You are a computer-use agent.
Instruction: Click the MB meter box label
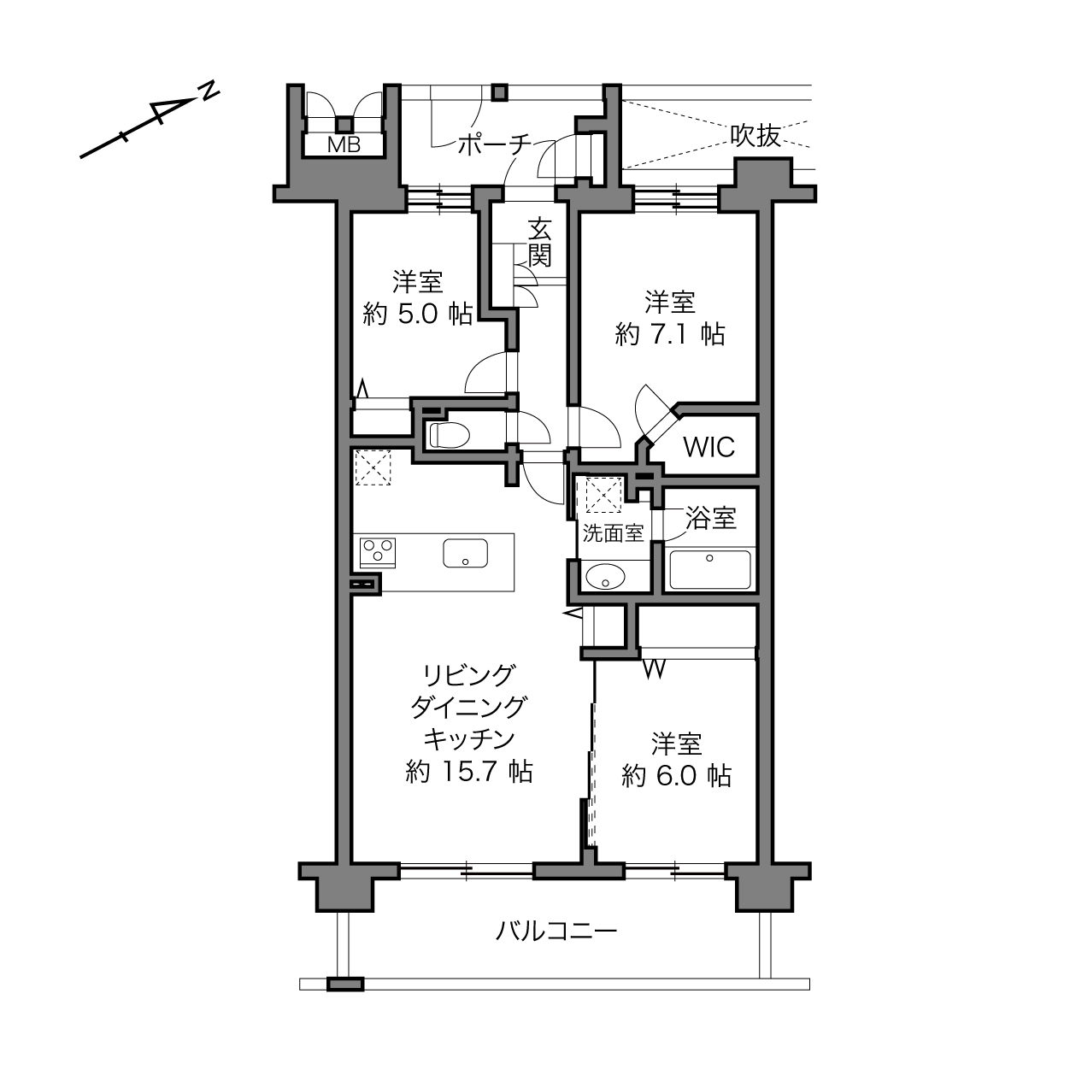344,145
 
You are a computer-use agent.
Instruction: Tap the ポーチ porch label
494,145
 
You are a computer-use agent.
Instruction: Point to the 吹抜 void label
755,135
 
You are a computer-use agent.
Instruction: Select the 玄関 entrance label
540,244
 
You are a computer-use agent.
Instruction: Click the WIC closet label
709,446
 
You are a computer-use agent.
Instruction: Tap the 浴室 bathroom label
711,518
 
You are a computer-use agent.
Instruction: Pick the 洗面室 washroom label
613,533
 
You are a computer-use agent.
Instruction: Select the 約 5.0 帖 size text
418,315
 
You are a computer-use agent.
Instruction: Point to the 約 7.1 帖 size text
670,334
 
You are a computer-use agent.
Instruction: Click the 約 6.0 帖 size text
676,776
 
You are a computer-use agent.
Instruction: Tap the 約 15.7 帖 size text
469,772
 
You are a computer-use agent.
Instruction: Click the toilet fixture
450,435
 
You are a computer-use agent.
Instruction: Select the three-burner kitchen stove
378,552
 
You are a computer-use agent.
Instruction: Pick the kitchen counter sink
465,553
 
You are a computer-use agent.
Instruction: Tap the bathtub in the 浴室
710,570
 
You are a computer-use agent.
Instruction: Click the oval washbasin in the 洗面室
605,576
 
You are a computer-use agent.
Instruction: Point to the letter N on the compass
209,91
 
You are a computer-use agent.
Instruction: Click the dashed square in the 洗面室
603,495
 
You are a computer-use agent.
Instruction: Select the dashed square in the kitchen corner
373,467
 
